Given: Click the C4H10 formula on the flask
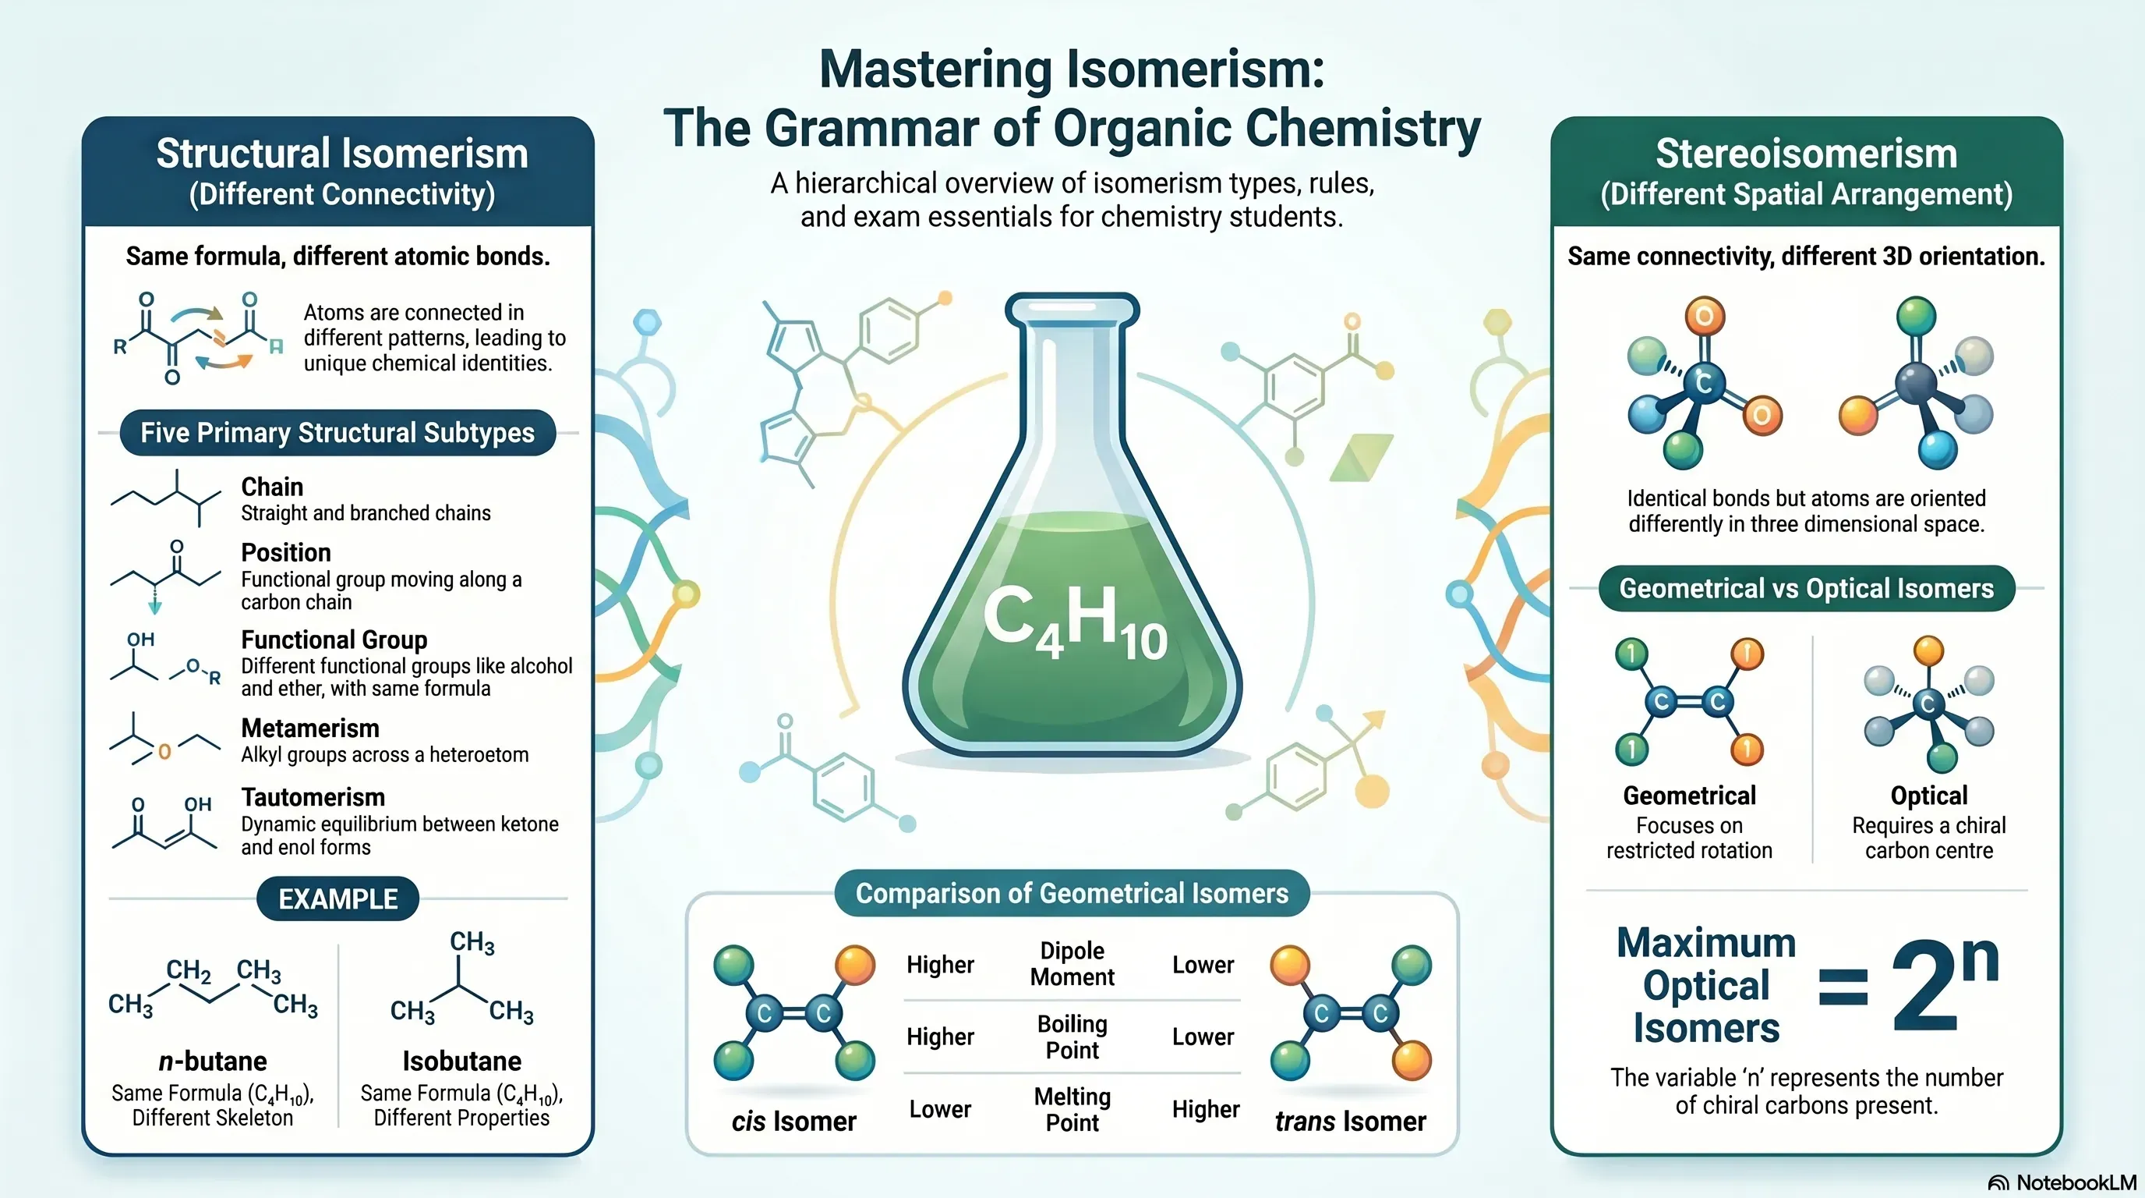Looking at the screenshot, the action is click(1075, 622).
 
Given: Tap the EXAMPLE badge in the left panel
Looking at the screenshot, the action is click(337, 899).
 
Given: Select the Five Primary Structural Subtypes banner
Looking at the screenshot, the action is click(337, 432).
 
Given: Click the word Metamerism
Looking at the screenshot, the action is click(309, 728).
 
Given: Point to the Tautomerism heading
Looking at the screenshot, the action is click(313, 797).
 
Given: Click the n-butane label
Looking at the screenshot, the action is click(212, 1062).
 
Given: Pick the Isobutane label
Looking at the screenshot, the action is click(462, 1062).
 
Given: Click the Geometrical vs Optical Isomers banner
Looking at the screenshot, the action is click(1806, 588).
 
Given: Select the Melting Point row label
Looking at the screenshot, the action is click(1072, 1110).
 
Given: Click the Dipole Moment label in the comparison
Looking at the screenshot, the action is click(1072, 964).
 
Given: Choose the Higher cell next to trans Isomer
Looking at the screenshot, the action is click(1206, 1110).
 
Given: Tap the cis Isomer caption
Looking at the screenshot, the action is click(793, 1122).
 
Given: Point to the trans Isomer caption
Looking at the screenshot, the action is click(1350, 1122).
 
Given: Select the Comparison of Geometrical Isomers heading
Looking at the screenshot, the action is click(1072, 893).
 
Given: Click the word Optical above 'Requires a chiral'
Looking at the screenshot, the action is click(1928, 796).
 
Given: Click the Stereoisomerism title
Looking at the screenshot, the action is click(1806, 154).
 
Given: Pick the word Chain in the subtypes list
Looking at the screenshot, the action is click(272, 487).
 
